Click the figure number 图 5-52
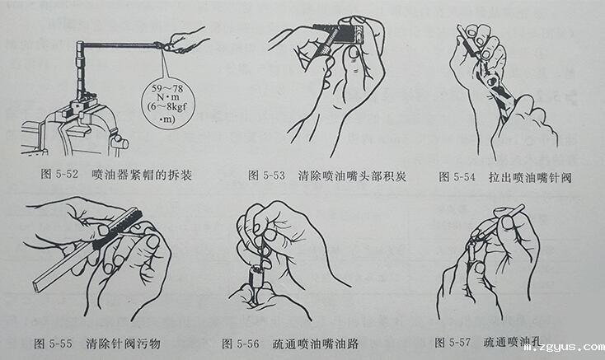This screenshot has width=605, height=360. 62,175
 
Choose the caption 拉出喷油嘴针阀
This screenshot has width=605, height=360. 528,175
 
